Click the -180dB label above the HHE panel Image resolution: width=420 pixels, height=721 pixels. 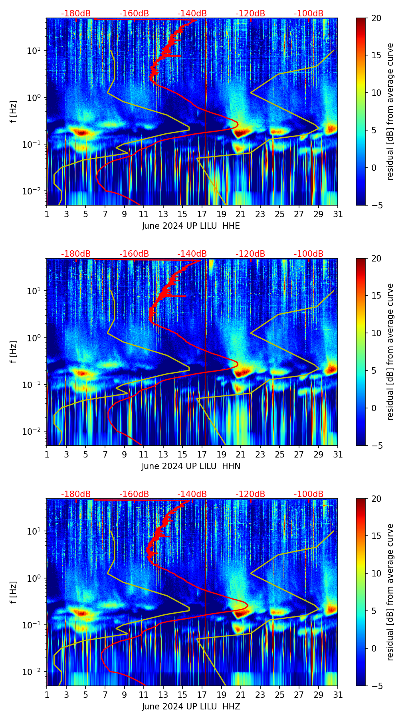click(76, 14)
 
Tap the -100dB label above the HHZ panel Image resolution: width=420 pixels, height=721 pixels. click(309, 494)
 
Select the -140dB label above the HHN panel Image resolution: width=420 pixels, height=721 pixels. click(192, 254)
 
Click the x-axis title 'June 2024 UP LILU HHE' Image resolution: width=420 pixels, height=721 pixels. click(191, 226)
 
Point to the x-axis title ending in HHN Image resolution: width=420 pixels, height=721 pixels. click(191, 466)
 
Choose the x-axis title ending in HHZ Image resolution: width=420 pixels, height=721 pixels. click(191, 707)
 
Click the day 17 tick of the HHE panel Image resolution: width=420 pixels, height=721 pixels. click(202, 214)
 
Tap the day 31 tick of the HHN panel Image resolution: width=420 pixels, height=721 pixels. click(338, 454)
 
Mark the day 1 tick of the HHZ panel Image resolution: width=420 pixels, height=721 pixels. click(47, 695)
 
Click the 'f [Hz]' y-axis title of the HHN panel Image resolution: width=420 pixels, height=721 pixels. click(14, 352)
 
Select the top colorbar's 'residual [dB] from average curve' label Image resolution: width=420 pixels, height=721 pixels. click(390, 111)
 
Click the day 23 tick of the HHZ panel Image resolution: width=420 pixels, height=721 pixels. click(260, 695)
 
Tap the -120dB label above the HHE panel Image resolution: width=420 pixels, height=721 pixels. click(250, 14)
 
